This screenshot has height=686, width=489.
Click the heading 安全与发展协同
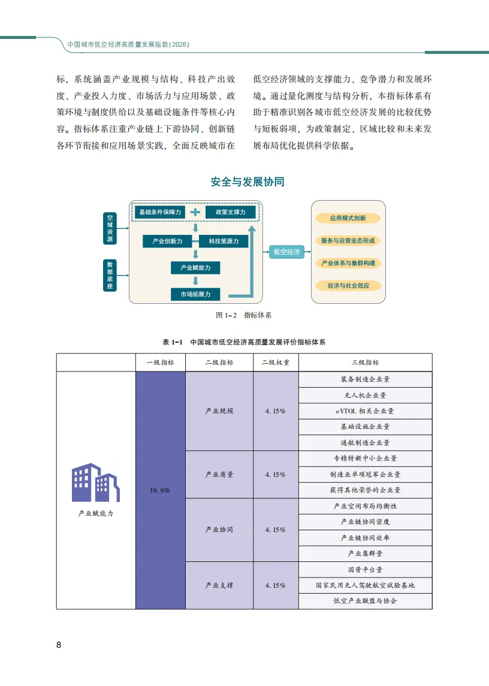click(x=247, y=182)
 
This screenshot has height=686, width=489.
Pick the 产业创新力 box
click(x=167, y=241)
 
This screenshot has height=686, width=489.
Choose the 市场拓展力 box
click(x=195, y=294)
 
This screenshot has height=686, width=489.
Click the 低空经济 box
click(x=286, y=252)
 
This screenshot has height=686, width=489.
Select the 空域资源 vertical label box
click(x=110, y=228)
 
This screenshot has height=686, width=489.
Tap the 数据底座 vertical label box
click(x=110, y=275)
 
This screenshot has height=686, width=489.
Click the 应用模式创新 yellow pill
click(x=348, y=219)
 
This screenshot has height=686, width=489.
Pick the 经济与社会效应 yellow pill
click(x=348, y=286)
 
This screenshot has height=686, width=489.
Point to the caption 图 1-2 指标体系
click(x=243, y=315)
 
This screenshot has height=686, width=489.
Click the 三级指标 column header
click(x=365, y=362)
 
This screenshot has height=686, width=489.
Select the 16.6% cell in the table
click(x=160, y=490)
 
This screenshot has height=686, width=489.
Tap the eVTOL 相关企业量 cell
click(x=365, y=411)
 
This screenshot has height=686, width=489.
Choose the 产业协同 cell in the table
click(x=219, y=530)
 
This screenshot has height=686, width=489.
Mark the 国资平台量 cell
click(x=365, y=570)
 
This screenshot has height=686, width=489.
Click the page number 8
click(x=59, y=645)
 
